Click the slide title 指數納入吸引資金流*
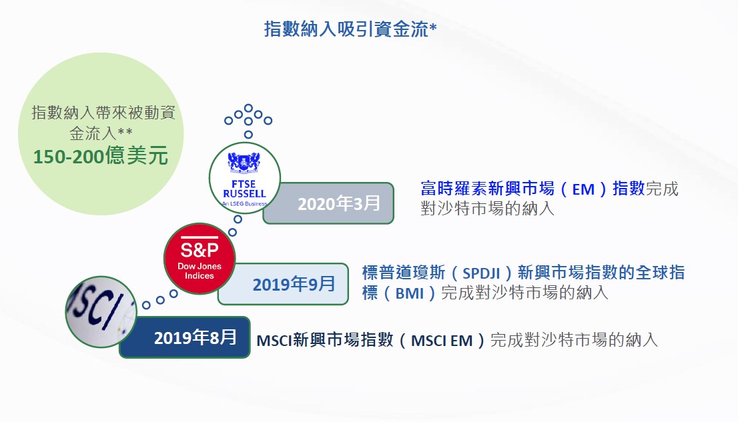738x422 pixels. point(350,29)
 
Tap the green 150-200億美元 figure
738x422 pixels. point(100,156)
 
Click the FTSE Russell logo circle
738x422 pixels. point(244,178)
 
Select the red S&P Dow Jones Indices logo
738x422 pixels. point(200,259)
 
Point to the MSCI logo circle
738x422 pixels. point(101,312)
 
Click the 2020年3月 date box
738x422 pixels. point(328,203)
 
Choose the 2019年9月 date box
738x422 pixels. point(284,284)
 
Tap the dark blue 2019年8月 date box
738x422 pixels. point(185,337)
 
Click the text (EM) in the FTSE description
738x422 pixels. point(583,189)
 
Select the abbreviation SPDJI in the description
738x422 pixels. point(481,273)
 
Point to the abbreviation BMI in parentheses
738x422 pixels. point(410,293)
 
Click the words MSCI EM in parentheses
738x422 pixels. point(442,340)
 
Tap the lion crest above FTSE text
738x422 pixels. point(244,162)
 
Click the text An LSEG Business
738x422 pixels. point(244,204)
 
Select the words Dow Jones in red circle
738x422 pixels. point(200,266)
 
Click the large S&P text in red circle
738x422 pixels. point(200,250)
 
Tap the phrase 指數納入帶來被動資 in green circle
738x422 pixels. point(103,113)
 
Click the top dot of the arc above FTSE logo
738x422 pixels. point(248,108)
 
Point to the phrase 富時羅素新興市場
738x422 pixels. point(488,189)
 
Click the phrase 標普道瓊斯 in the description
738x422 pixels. point(403,273)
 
